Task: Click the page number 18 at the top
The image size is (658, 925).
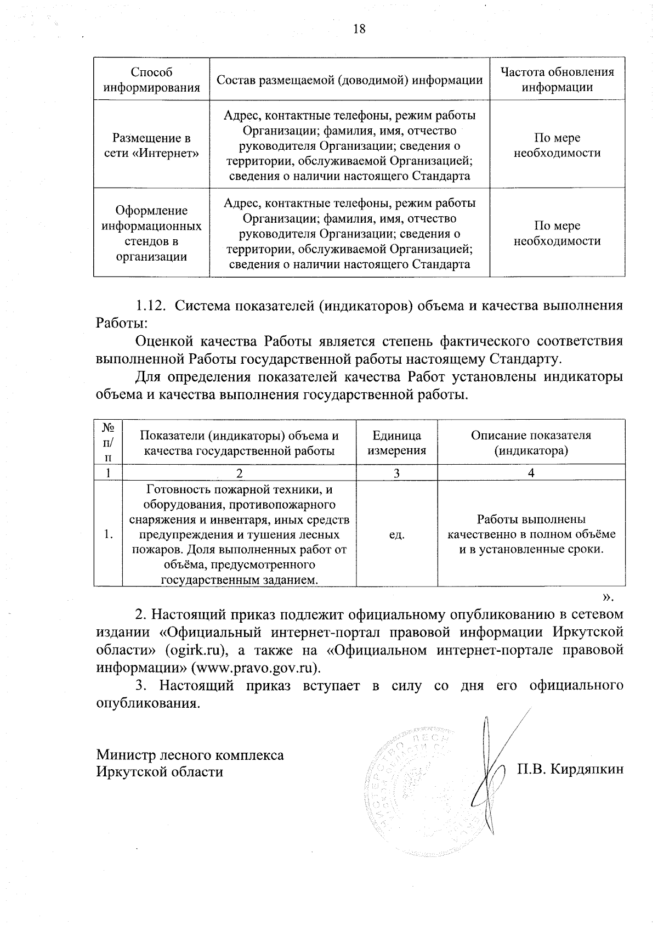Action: [x=359, y=29]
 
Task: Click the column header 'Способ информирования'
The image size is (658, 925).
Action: [x=151, y=80]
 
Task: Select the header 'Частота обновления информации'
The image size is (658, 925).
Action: [x=557, y=80]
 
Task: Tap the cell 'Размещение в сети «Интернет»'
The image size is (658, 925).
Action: [x=151, y=145]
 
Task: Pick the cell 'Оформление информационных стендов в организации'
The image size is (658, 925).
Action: [x=151, y=234]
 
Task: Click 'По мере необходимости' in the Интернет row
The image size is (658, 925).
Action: [x=557, y=145]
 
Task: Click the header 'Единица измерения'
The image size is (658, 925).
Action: [x=396, y=443]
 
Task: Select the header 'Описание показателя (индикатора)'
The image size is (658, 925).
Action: [x=531, y=443]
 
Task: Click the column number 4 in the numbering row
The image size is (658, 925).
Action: [x=531, y=473]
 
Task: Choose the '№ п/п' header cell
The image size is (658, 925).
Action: [x=108, y=442]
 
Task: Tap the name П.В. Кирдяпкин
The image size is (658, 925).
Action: [x=570, y=769]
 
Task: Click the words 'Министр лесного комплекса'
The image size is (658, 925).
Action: [x=190, y=755]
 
